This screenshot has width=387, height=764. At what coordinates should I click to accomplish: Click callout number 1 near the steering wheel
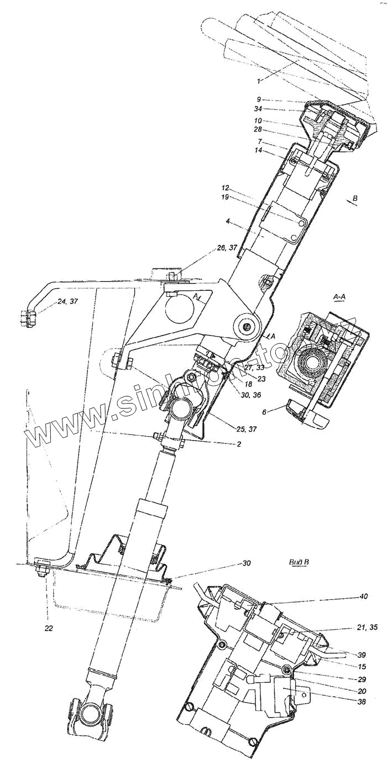tap(259, 81)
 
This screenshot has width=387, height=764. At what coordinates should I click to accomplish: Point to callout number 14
tap(259, 150)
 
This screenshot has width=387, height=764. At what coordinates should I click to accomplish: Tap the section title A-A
tap(340, 297)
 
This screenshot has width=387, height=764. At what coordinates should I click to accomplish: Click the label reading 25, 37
tap(227, 429)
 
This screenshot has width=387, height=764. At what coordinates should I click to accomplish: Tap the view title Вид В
tap(299, 563)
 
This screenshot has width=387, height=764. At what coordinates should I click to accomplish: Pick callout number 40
tap(362, 596)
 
